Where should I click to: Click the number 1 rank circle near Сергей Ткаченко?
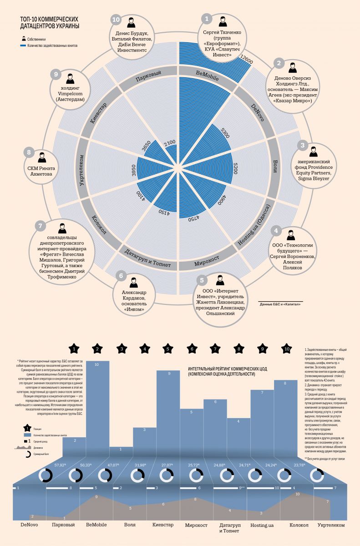[207, 19]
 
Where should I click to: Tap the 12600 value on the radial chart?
[246, 61]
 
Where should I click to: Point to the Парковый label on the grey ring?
[149, 76]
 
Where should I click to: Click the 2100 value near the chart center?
[170, 143]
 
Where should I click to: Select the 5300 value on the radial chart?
[225, 134]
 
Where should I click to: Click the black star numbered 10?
[287, 349]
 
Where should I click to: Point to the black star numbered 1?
[75, 349]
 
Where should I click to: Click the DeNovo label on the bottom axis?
[29, 525]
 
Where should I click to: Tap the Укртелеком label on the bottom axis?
[331, 525]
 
